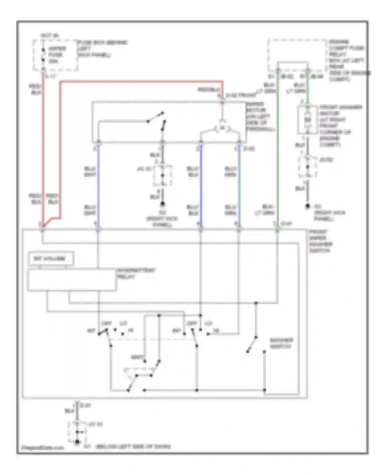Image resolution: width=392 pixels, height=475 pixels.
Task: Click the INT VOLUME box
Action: (50, 259)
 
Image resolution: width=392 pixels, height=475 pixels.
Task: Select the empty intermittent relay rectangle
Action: (72, 280)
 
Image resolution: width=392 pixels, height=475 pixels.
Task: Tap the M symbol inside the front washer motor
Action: (308, 120)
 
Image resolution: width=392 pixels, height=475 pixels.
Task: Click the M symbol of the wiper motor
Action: (222, 128)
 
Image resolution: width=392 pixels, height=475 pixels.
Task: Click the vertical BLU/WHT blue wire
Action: (98, 186)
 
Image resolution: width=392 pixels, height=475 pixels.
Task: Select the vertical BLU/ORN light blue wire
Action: (239, 186)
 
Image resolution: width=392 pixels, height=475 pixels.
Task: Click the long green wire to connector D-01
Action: (278, 157)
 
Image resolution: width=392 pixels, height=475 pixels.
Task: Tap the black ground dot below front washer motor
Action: (308, 206)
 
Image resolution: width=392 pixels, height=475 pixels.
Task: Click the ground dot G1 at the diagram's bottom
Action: (77, 442)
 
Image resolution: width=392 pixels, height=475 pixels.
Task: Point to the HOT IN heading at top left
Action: (50, 35)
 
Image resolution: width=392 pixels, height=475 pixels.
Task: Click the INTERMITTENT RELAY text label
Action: (136, 273)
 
